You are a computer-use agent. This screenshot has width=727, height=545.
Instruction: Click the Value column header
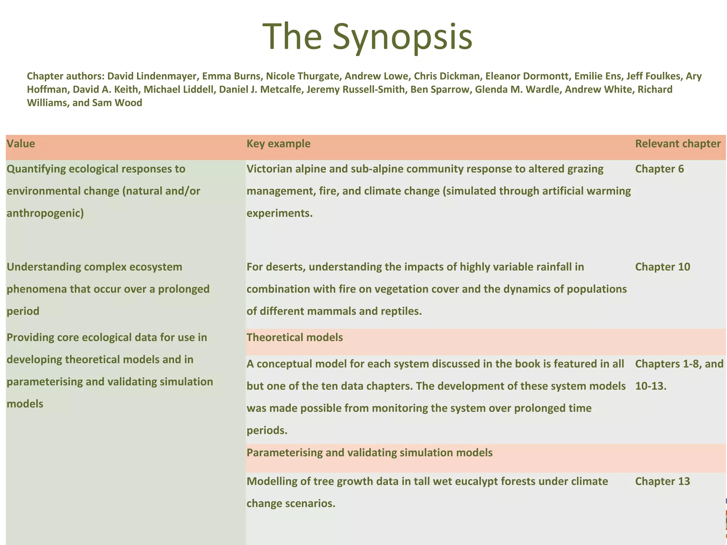[21, 144]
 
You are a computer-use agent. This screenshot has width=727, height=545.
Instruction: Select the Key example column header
[278, 144]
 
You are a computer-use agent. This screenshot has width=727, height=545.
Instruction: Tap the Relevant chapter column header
[678, 144]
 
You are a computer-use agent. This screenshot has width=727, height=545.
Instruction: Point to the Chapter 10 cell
[662, 267]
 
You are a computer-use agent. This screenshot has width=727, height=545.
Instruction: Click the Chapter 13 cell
[662, 481]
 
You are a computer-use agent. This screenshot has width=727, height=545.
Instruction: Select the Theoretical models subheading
[295, 337]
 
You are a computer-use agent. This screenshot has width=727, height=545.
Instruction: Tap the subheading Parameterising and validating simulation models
[369, 453]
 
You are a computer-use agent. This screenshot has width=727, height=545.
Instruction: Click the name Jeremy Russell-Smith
[355, 89]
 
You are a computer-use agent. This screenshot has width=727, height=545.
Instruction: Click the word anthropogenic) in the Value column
[45, 213]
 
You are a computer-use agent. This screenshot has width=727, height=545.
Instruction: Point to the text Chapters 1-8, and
[679, 364]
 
